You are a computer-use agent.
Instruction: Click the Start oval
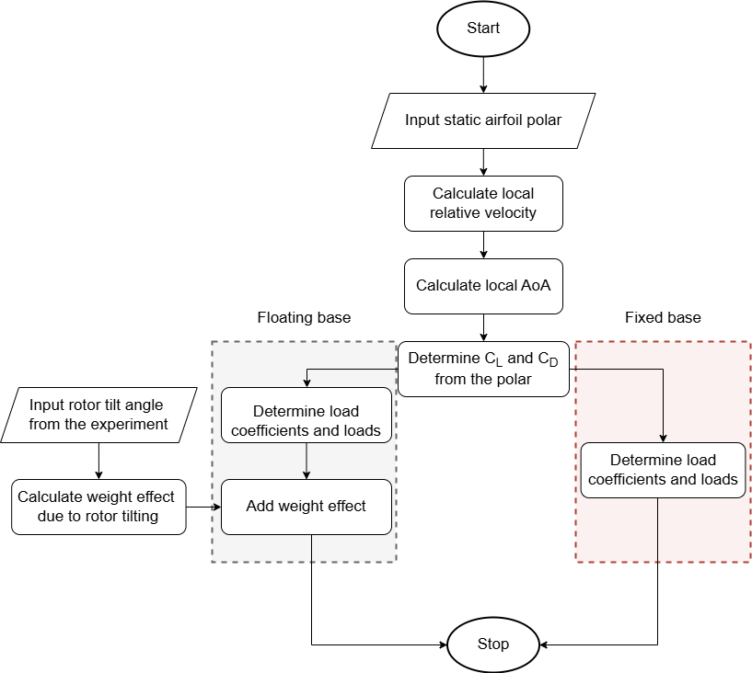[483, 29]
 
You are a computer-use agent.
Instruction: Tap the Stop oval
[492, 644]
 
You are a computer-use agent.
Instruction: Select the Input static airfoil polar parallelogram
[483, 120]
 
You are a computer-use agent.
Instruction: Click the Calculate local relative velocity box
[483, 203]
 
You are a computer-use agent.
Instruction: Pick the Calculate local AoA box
[483, 285]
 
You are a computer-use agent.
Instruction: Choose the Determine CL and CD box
[483, 369]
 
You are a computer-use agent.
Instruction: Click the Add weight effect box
[307, 506]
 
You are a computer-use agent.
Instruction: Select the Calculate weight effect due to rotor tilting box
[99, 506]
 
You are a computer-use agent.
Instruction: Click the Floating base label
[304, 318]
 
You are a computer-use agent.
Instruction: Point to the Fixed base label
[663, 318]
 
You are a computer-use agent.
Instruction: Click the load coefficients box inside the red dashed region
[663, 470]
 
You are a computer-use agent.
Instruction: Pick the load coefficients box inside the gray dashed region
[307, 421]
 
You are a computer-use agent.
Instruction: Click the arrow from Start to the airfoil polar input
[483, 74]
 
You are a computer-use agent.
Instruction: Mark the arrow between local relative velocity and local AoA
[483, 245]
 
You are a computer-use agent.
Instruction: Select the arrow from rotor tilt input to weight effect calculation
[99, 460]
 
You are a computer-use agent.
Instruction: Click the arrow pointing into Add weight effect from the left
[204, 506]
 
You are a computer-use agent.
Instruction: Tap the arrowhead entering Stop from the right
[544, 644]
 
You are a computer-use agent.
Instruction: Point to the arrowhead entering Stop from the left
[442, 644]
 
